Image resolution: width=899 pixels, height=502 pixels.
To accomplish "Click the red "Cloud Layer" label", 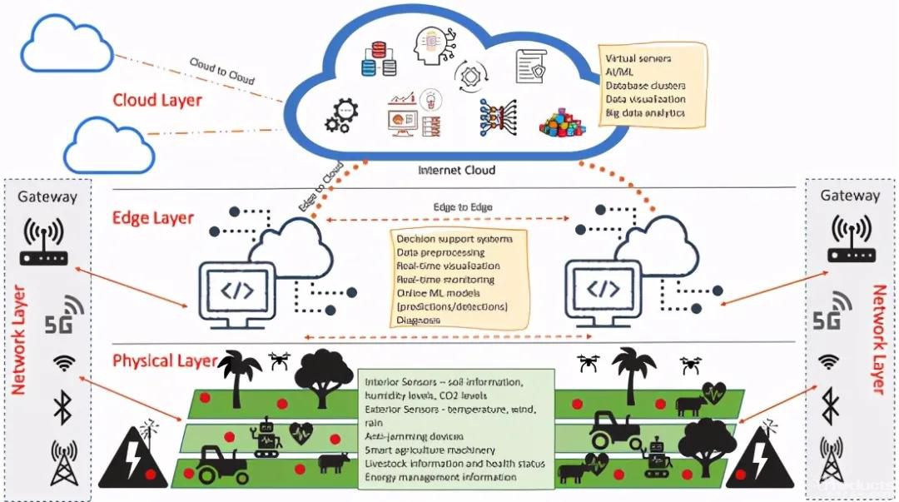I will point(157,101).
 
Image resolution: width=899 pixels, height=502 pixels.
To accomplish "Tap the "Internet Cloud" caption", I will point(456,171).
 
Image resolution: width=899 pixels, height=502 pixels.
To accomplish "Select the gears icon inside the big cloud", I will point(342,117).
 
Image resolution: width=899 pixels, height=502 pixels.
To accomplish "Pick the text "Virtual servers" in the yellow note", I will point(639,59).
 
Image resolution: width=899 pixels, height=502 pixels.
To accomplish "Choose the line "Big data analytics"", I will point(645,112).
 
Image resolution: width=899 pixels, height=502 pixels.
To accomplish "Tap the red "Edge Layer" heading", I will point(152,218).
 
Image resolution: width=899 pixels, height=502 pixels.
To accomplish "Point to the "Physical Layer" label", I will point(165,361).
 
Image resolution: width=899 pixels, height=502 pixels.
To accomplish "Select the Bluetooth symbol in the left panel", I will point(61,407).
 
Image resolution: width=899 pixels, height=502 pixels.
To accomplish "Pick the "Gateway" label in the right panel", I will point(850,196).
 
